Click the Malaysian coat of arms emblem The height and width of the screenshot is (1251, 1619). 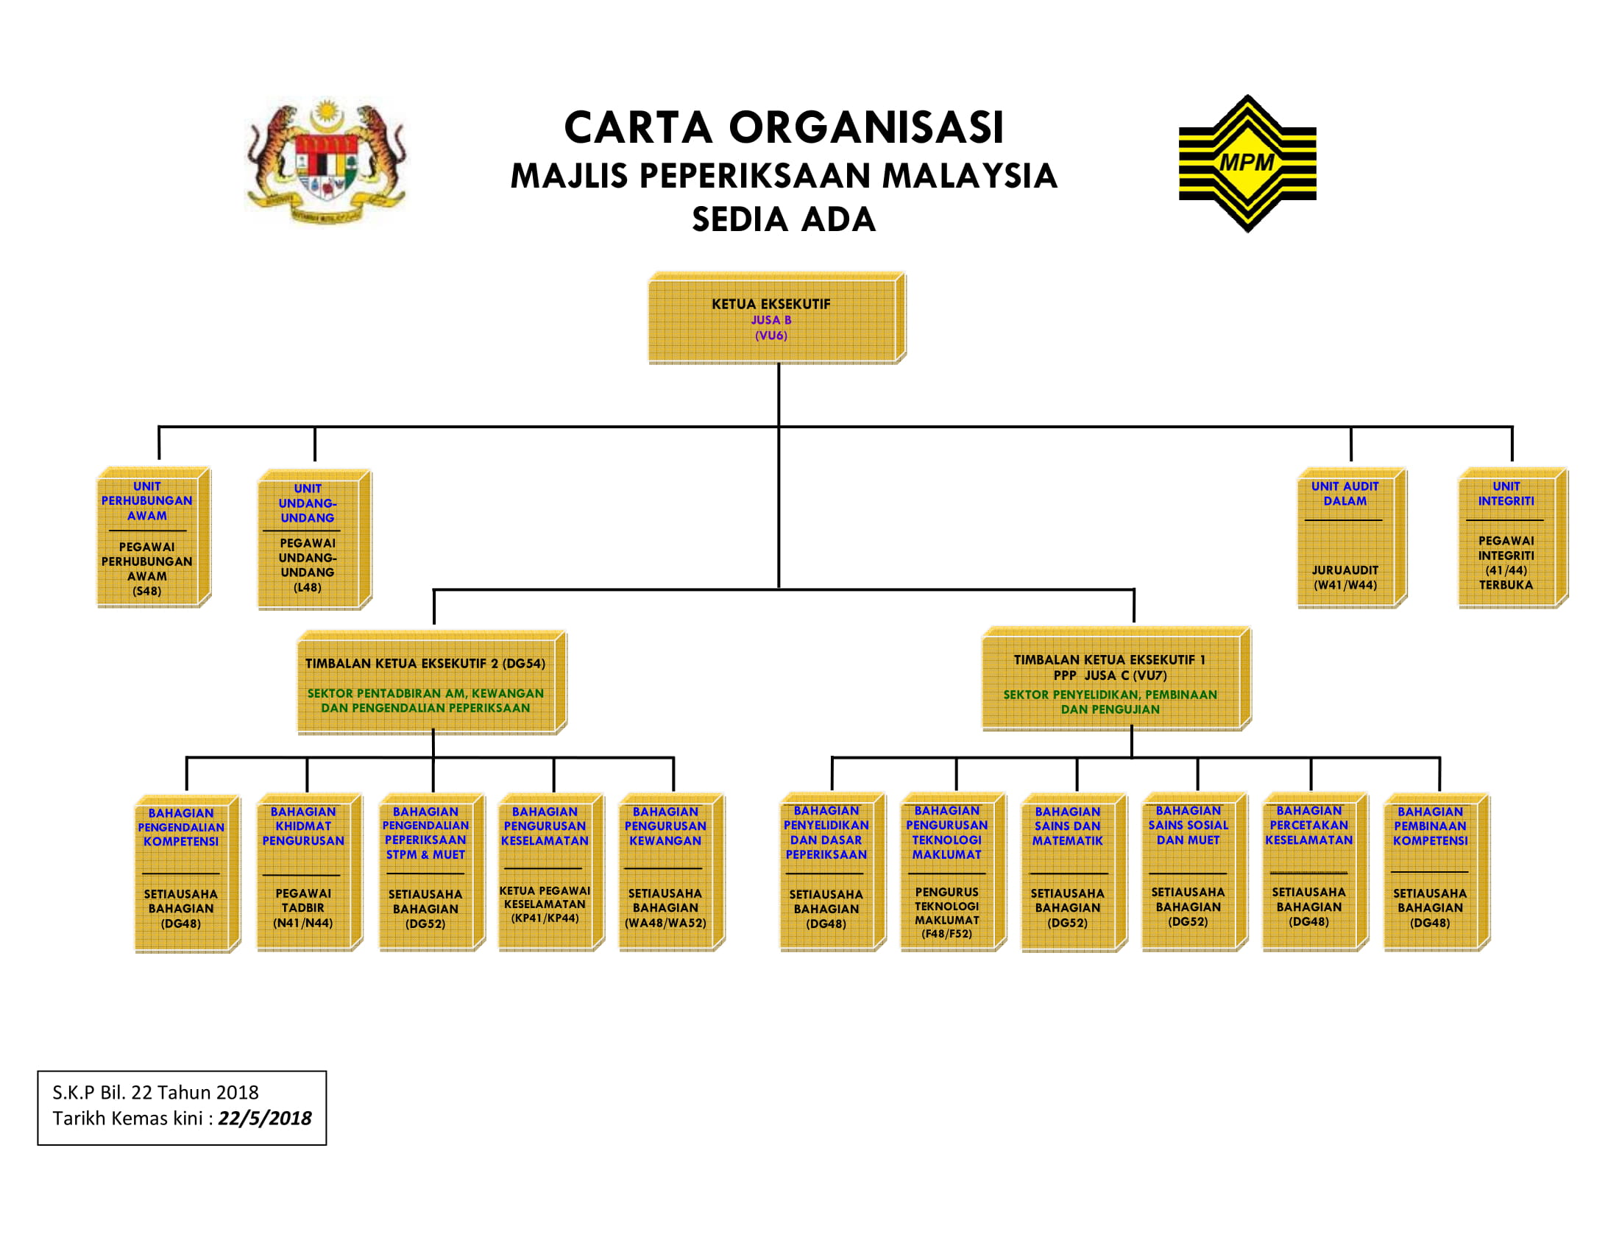click(326, 160)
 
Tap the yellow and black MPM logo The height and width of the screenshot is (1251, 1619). click(1247, 163)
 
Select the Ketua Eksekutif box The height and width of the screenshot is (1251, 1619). click(777, 318)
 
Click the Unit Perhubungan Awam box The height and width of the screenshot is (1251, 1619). click(155, 537)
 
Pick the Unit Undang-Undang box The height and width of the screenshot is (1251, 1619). click(314, 539)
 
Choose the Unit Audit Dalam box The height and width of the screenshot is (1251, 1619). click(1351, 537)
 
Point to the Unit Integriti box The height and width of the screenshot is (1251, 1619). click(1512, 537)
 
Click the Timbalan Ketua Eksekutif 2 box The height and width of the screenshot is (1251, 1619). click(432, 683)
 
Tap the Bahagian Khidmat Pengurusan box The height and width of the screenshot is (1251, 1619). click(309, 871)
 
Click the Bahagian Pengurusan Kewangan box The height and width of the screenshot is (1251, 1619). click(672, 871)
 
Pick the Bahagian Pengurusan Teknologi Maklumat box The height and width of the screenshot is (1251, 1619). click(953, 871)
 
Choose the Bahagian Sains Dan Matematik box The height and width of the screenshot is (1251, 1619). click(1074, 871)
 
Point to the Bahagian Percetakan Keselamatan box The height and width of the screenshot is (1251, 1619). click(1315, 871)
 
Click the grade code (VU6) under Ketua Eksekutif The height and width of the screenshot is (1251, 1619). click(771, 336)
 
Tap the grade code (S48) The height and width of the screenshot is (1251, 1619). click(146, 592)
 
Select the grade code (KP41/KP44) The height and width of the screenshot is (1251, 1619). click(545, 918)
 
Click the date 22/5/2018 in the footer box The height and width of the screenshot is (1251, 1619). click(265, 1119)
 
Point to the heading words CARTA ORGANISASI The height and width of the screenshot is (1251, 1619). click(784, 127)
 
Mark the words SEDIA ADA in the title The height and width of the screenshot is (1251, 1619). click(784, 219)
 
